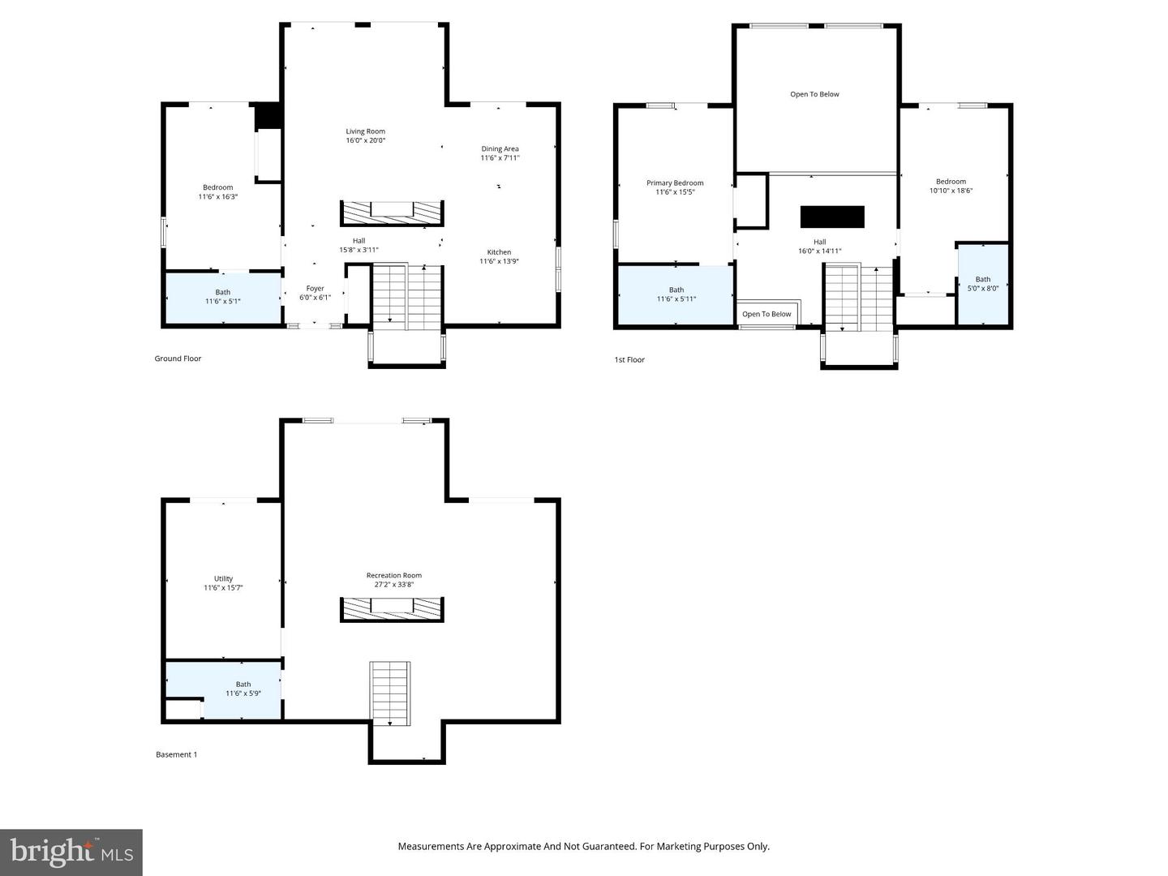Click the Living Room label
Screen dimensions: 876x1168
click(x=365, y=131)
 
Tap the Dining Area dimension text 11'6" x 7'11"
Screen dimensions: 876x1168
click(x=500, y=158)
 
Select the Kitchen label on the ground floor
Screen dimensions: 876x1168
click(x=499, y=252)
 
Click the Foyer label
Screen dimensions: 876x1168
click(x=315, y=289)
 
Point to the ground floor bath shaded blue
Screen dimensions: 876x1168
click(x=223, y=298)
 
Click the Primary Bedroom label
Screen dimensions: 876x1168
click(x=675, y=183)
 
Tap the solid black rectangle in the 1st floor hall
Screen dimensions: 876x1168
click(x=832, y=217)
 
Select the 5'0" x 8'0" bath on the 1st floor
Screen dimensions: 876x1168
click(x=983, y=284)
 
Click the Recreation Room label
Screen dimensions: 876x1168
click(x=393, y=576)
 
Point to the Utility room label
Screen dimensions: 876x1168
click(x=223, y=579)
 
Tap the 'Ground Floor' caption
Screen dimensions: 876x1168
click(x=178, y=359)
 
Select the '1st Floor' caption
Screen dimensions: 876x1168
click(x=629, y=359)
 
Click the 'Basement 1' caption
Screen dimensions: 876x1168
click(x=176, y=754)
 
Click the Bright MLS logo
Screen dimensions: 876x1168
click(x=71, y=852)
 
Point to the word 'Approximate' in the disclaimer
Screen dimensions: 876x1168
click(x=512, y=846)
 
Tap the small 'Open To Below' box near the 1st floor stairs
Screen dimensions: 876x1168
click(x=766, y=314)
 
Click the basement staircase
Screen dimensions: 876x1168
click(x=391, y=693)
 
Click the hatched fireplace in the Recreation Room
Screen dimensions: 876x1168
click(x=392, y=608)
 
